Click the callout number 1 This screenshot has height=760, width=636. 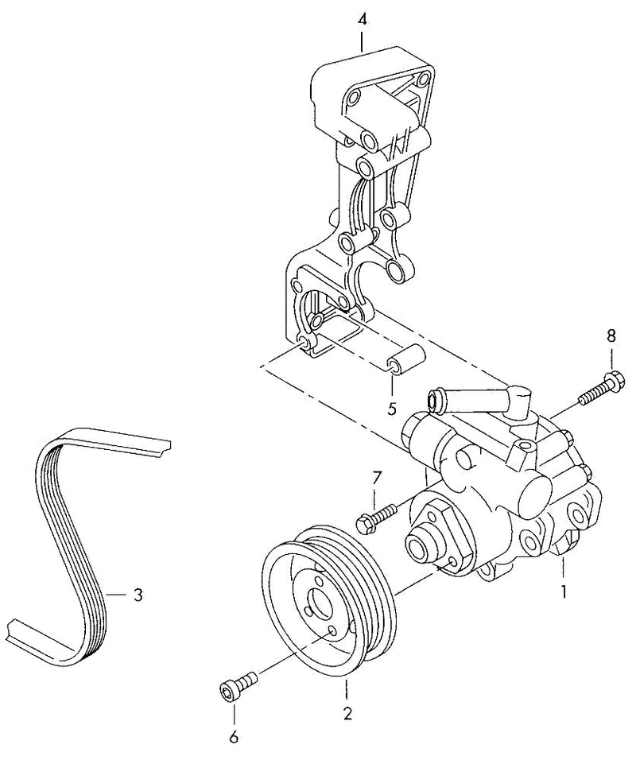coord(564,591)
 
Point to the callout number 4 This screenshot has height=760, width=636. coord(363,20)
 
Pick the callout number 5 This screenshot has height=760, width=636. coord(392,409)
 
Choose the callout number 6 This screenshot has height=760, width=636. coord(235,738)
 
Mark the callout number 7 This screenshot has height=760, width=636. coord(377,479)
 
